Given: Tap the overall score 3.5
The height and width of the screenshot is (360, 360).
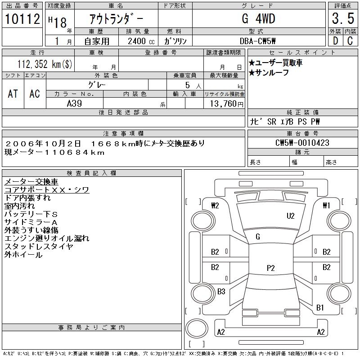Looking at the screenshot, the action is (342, 19).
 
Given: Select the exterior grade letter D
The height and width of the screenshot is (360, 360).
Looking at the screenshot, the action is (335, 41).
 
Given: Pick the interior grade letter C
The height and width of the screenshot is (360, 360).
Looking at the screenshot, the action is (350, 41).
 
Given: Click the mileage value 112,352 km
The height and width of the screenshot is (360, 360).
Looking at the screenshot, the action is (44, 64).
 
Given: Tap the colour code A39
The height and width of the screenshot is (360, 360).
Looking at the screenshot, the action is (74, 103).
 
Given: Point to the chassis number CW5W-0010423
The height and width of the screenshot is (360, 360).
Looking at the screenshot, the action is (302, 143).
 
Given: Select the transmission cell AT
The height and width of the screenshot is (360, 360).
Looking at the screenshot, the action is (13, 94).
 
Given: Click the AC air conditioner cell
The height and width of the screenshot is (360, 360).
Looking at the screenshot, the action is (35, 94).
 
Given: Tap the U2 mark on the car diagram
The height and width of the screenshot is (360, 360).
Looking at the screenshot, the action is (291, 216).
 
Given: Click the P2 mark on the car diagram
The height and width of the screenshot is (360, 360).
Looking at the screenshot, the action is (270, 268).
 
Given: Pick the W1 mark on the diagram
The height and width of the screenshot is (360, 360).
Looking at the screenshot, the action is (327, 206).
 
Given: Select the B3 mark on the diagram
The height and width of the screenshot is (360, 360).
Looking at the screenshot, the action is (221, 292).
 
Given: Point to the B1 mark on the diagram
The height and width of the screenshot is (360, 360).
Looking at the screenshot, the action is (320, 308).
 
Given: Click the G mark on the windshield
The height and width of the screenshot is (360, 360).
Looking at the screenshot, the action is (258, 237).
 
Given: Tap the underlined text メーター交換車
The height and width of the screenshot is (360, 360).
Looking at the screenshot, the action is (31, 182).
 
